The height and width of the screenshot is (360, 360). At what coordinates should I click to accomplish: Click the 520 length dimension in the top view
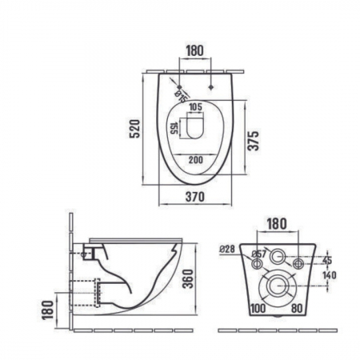tap(135, 129)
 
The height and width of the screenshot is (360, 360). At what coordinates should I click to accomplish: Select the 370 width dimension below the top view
tap(195, 197)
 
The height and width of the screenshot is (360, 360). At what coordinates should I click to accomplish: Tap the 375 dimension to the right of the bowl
tap(253, 141)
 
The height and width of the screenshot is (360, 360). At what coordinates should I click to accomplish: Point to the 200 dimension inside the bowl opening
tap(196, 160)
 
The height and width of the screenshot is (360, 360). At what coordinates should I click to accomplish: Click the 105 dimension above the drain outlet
tap(196, 107)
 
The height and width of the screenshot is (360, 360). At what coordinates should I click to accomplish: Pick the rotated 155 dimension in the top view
tap(174, 129)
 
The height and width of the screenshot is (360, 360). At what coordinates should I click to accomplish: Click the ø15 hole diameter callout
tap(181, 97)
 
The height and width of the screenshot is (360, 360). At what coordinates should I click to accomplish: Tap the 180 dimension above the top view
tap(195, 51)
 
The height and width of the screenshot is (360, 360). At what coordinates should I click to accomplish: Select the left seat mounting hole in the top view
tap(179, 87)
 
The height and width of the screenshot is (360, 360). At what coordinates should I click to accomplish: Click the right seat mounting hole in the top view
tap(211, 87)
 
